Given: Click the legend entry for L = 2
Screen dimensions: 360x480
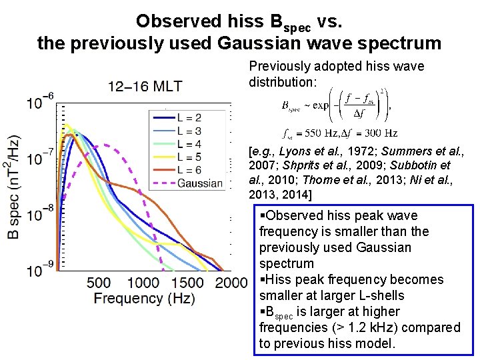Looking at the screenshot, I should pos(189,117).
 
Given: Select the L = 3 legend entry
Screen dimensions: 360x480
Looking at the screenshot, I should pos(189,131).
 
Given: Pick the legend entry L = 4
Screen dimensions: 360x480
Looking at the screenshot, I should pos(189,143).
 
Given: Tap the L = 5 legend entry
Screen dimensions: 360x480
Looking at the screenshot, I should pos(189,157).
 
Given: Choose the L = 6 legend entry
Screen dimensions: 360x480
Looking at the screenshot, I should pos(189,170).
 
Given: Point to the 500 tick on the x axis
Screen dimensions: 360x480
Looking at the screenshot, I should pos(99,283).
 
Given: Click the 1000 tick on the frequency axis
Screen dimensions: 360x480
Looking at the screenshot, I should pos(142,283).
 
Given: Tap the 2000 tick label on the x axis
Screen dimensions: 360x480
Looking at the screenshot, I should pos(231,283).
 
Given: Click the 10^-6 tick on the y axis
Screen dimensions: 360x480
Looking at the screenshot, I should pos(40,102).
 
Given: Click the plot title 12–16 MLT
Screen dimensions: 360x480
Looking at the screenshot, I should pos(145,86).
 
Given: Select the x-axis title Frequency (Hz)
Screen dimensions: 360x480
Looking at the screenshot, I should pos(145,299).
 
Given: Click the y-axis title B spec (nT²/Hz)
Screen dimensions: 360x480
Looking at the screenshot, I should pos(13,187).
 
